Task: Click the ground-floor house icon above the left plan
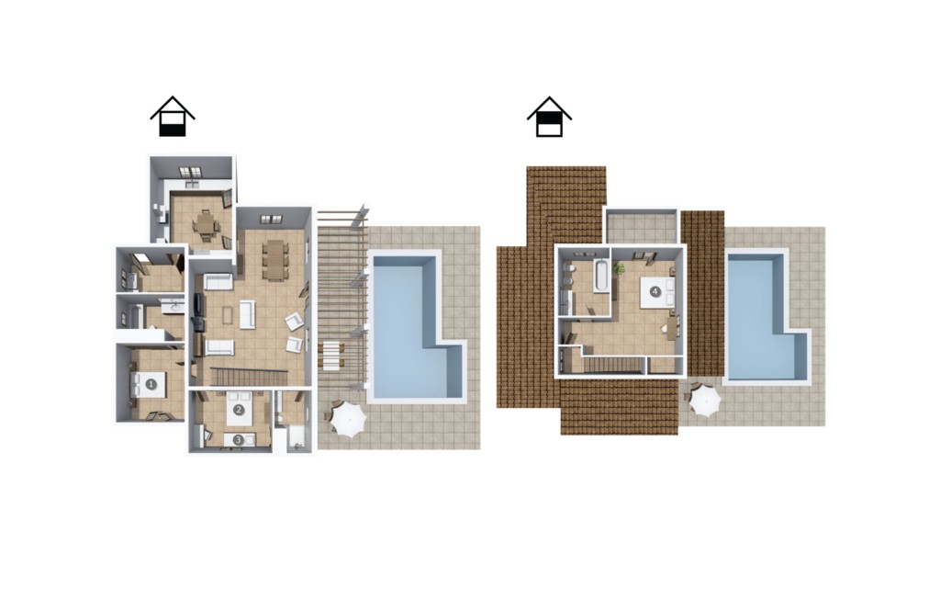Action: point(173,117)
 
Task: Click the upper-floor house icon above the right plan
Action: point(549,117)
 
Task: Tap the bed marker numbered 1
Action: point(151,384)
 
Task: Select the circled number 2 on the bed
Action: point(239,410)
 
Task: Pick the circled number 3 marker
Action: point(238,440)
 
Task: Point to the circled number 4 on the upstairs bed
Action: point(655,292)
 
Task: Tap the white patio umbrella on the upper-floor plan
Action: point(704,401)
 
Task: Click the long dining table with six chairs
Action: point(275,260)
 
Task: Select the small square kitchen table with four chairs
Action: point(207,226)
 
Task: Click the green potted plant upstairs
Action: point(619,267)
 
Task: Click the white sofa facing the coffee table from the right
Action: point(248,314)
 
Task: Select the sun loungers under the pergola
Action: point(332,354)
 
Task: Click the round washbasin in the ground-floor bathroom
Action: point(175,308)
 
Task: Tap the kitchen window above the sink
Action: point(191,172)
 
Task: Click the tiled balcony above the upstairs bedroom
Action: point(641,227)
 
